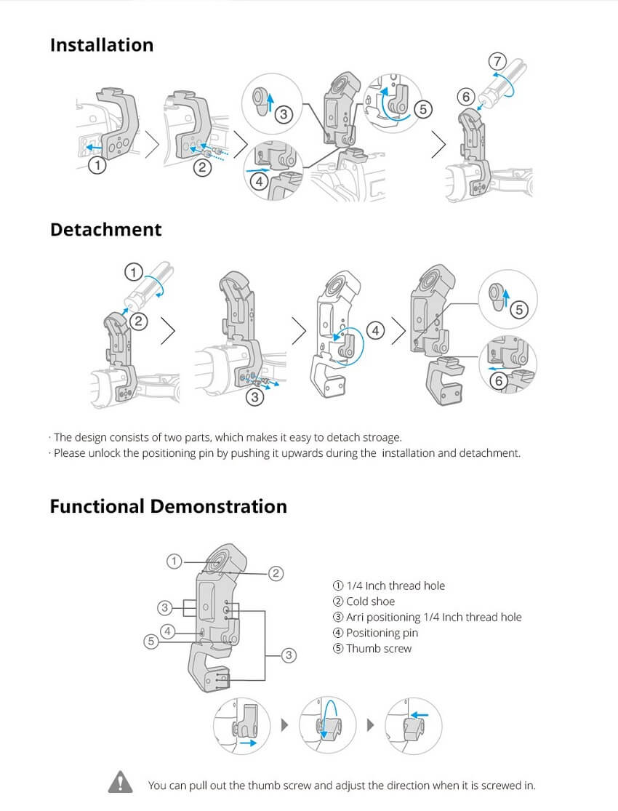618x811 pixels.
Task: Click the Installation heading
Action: (x=102, y=45)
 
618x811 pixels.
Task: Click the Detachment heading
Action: (x=106, y=230)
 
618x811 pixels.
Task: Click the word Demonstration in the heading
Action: (x=219, y=506)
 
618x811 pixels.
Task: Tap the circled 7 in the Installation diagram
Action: (x=497, y=62)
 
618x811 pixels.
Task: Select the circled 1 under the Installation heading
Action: (x=97, y=166)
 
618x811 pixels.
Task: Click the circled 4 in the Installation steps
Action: (x=259, y=182)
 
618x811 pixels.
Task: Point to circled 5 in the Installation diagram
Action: (x=423, y=109)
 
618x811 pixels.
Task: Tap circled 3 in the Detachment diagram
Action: (x=254, y=397)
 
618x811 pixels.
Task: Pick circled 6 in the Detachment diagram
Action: (x=499, y=381)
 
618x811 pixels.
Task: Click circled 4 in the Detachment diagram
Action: (x=375, y=330)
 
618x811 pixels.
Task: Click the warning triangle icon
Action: (x=121, y=781)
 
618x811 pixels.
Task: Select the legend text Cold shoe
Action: (x=370, y=602)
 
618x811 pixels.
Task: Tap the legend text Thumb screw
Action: (x=379, y=649)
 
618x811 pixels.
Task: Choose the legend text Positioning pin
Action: (x=382, y=633)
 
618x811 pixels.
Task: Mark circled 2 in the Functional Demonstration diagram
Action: (x=276, y=573)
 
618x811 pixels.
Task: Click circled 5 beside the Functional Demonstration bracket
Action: (x=151, y=642)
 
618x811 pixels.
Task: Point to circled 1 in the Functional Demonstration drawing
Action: (x=174, y=562)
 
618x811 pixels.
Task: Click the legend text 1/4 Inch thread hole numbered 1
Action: (x=396, y=586)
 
